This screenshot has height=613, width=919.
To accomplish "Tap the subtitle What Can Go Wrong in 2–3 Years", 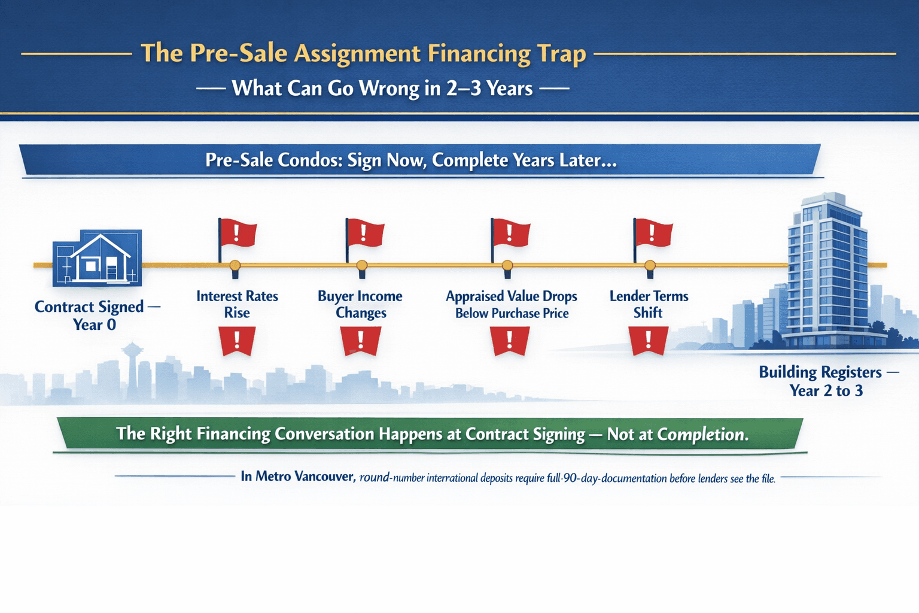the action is [x=382, y=88].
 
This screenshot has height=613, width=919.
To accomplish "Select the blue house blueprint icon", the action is [x=98, y=258].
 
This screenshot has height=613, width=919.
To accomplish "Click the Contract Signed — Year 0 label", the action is [x=97, y=315].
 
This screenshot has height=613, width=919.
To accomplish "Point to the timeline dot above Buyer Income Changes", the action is [x=362, y=265].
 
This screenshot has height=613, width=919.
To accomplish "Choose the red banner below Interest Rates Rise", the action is [x=237, y=341].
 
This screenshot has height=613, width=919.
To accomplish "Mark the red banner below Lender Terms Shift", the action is [x=649, y=341].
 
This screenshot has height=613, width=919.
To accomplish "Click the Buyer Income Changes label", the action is [x=360, y=304].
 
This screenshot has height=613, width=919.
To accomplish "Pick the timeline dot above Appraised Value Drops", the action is [x=507, y=265].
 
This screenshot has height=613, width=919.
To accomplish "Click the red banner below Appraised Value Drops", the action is [x=510, y=341].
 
